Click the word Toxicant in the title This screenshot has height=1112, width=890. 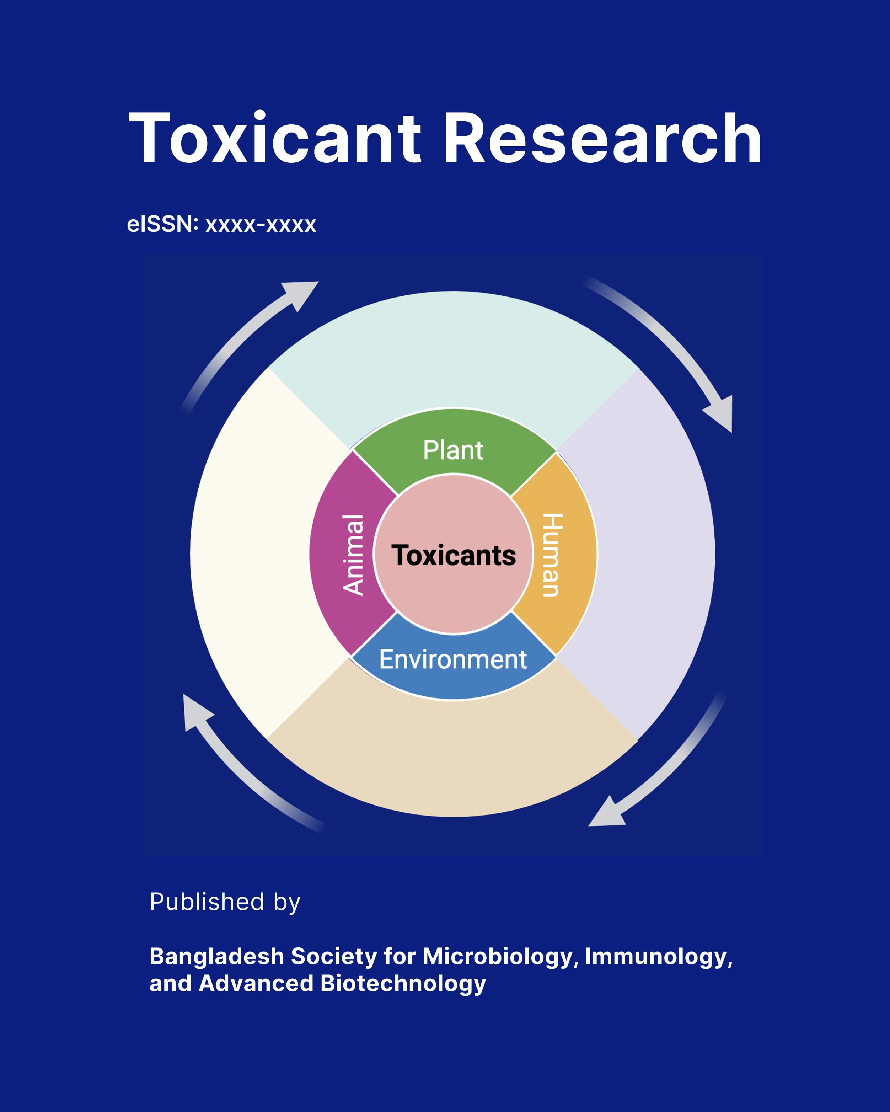click(274, 138)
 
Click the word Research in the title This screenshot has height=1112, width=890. click(602, 138)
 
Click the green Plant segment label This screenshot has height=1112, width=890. click(453, 450)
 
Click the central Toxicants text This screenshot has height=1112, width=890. click(453, 556)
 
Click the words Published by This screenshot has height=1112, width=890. click(225, 902)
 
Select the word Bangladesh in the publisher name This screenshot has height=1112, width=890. click(216, 957)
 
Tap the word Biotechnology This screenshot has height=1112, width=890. click(403, 984)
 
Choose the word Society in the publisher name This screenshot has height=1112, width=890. click(334, 957)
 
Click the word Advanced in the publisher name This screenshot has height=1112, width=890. click(256, 984)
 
